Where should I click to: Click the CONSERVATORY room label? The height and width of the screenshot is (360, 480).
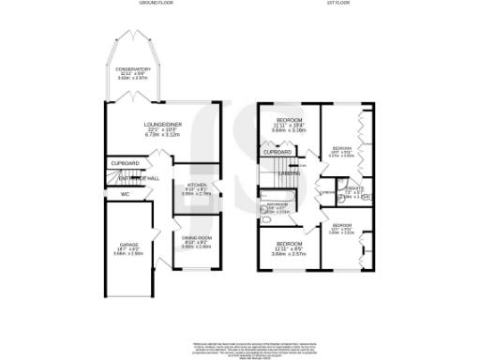[134, 68]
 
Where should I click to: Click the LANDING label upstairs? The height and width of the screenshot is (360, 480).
[289, 172]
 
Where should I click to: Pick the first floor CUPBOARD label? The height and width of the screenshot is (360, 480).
[277, 152]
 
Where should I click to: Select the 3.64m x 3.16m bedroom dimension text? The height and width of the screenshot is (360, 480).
[290, 131]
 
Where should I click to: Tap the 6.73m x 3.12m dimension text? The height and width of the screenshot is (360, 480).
[161, 134]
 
